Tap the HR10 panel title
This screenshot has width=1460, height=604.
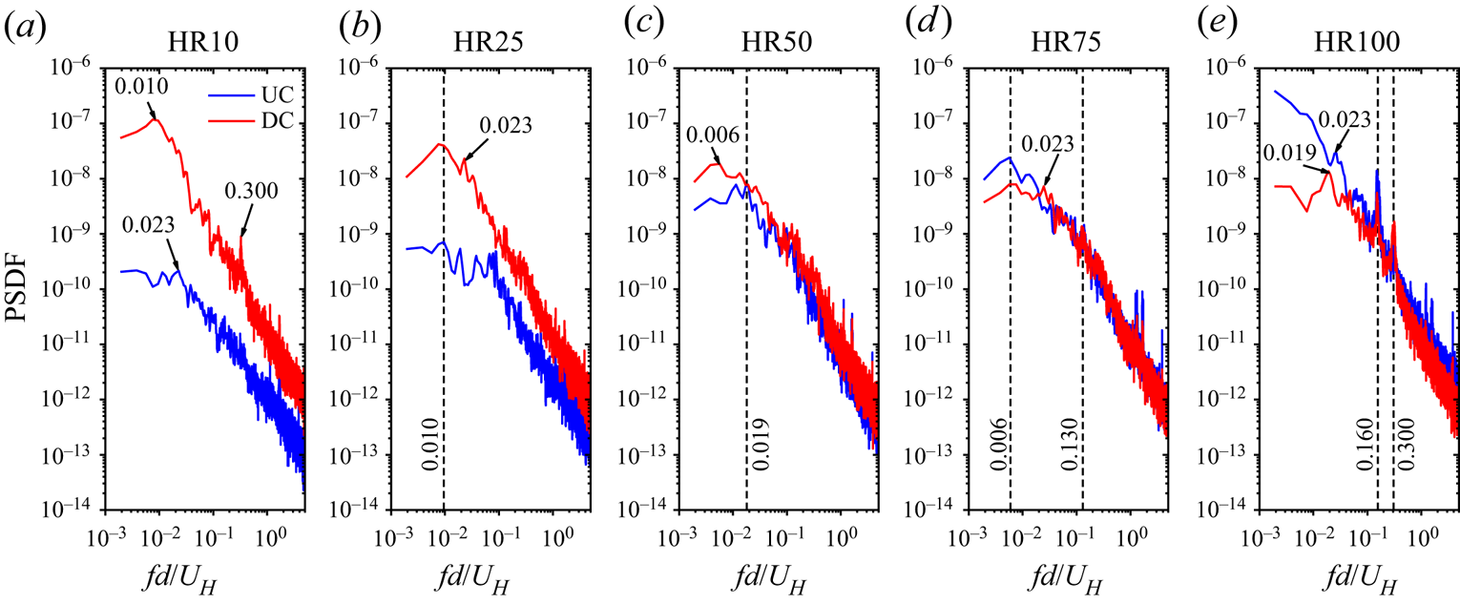[x=198, y=44]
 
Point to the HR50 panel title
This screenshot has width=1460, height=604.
[x=773, y=44]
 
